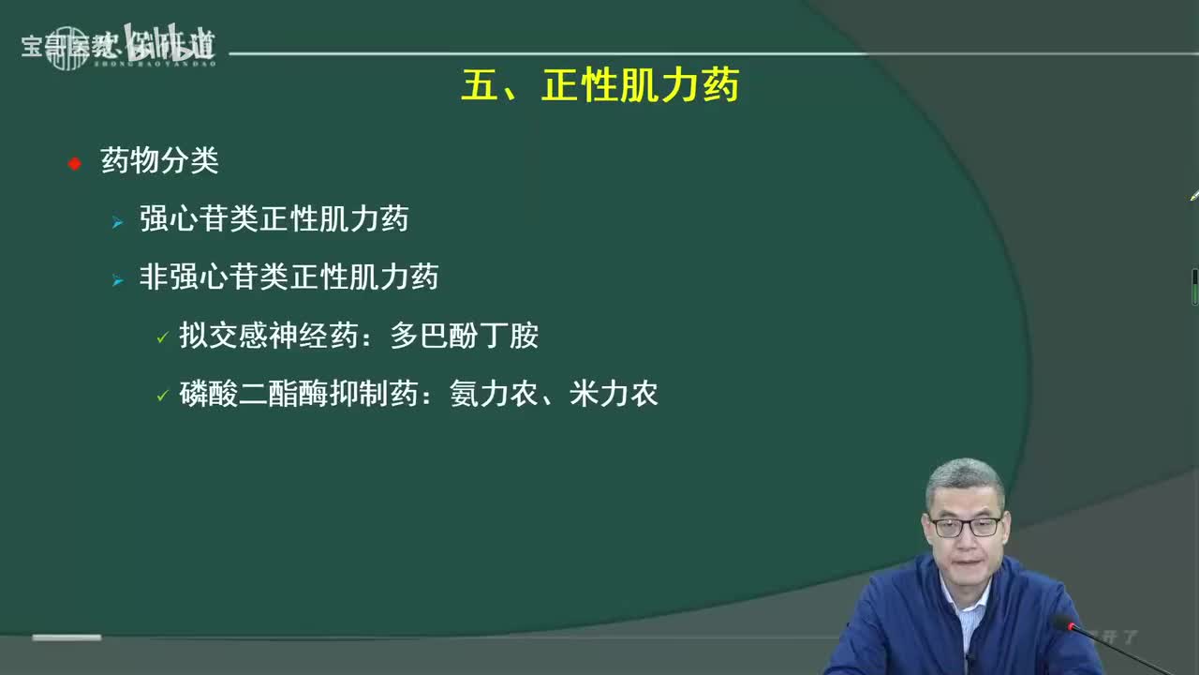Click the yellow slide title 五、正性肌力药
599,86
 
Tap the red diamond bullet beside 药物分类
75,164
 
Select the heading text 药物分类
159,161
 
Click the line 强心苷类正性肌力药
274,219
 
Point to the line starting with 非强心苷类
289,277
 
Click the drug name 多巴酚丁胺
464,336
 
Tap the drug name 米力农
614,393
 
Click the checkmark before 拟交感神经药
162,337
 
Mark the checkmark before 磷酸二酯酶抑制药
162,396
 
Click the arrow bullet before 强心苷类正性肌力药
117,223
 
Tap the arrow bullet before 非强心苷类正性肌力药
117,280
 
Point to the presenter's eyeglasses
965,526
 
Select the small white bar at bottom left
67,637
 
